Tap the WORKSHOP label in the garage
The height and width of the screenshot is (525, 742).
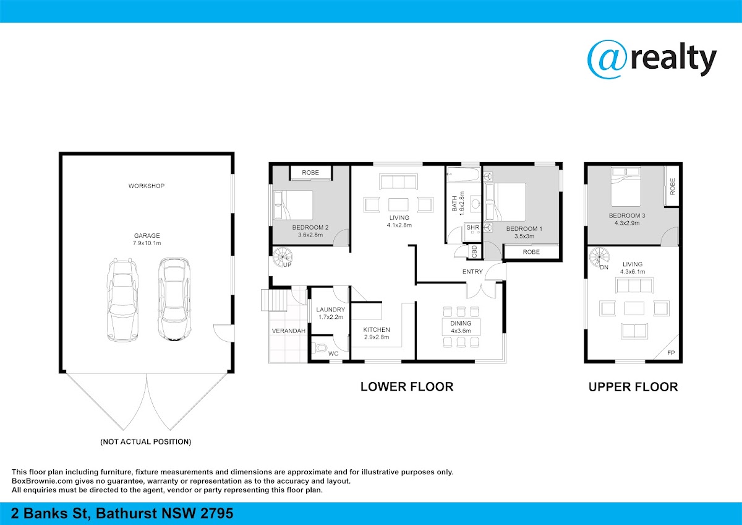point(147,186)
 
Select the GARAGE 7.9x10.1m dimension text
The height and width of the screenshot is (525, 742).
point(147,243)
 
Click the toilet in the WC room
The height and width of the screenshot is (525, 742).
point(320,348)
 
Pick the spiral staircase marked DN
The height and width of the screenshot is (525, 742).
point(599,256)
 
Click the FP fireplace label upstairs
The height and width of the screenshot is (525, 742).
point(671,353)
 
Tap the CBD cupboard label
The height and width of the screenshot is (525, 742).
point(474,251)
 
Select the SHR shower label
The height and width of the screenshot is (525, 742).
point(472,227)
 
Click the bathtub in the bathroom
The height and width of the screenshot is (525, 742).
point(463,174)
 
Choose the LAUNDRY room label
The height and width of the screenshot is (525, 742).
point(331,310)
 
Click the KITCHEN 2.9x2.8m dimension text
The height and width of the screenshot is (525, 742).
point(377,337)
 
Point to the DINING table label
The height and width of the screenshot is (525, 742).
point(461,323)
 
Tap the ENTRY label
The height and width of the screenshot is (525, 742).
point(472,272)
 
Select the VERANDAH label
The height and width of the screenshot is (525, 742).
point(289,331)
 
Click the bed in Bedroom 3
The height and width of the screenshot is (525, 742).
point(626,187)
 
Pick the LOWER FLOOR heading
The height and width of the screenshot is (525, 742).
point(407,387)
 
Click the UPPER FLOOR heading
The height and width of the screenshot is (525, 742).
point(633,387)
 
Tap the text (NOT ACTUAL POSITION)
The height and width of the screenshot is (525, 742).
point(146,442)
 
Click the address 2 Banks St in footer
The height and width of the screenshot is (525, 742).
point(50,513)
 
